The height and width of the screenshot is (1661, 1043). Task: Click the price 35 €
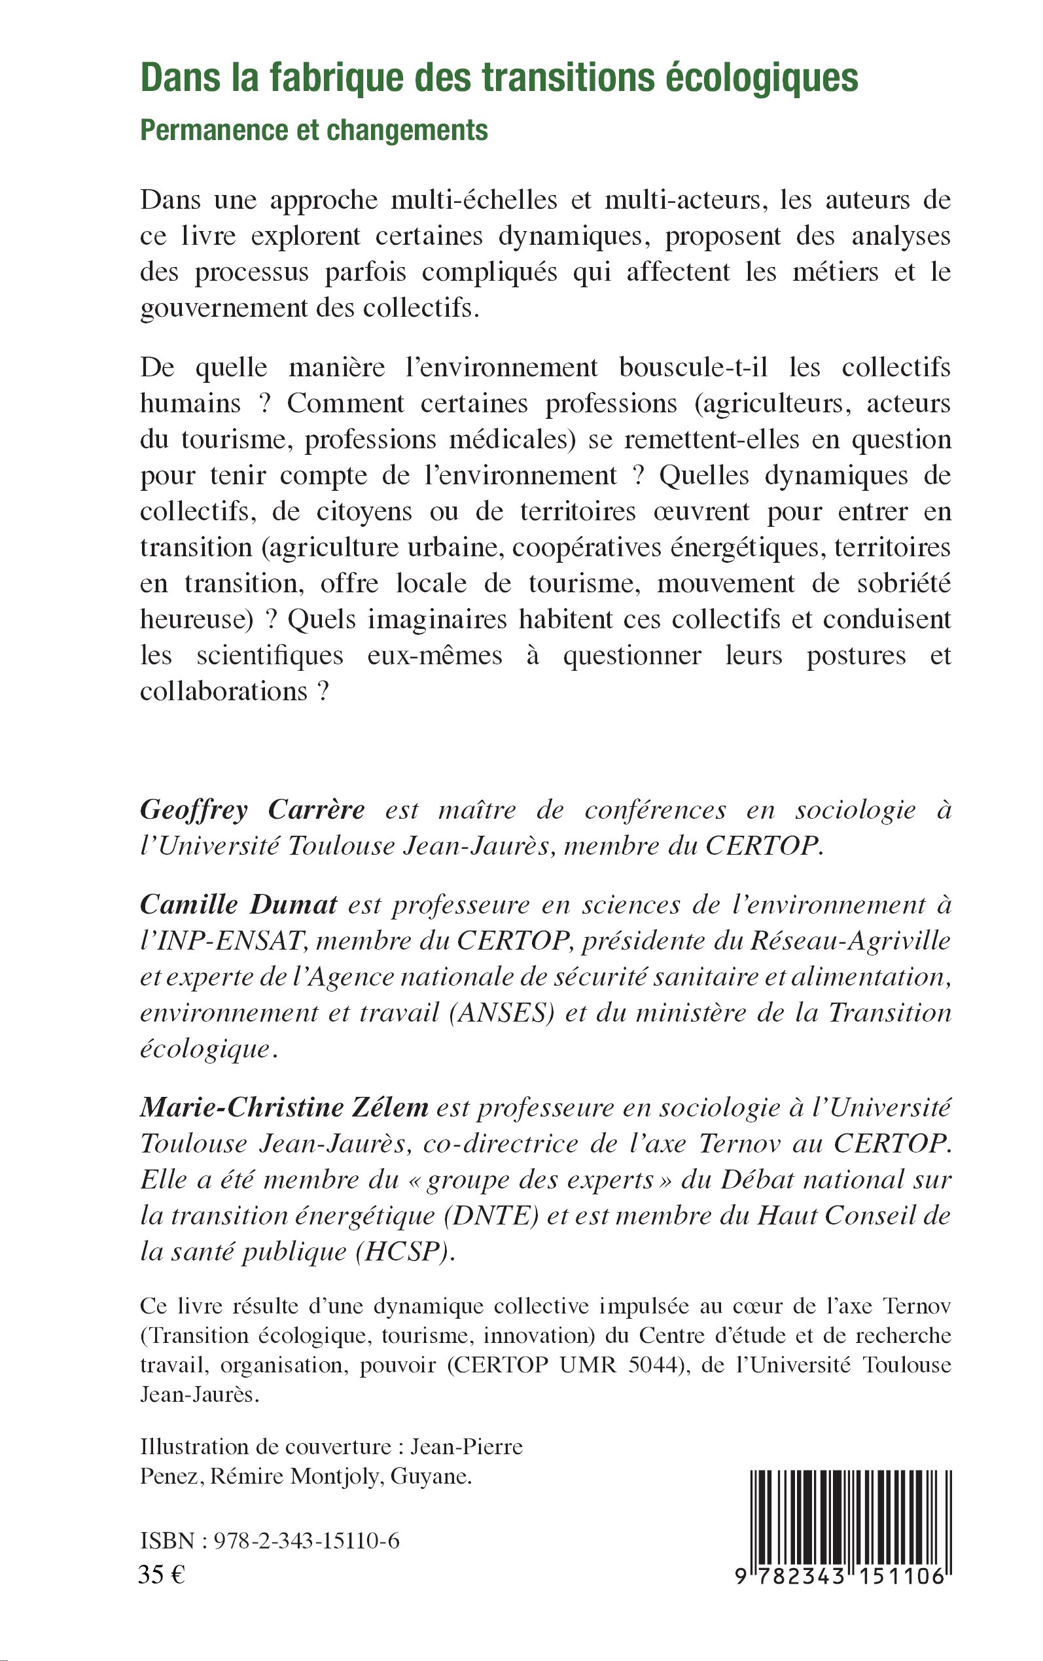(x=162, y=1575)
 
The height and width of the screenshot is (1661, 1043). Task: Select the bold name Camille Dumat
(x=239, y=904)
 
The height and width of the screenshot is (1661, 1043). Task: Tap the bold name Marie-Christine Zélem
(x=284, y=1107)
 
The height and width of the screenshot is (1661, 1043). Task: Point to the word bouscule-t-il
(x=694, y=367)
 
